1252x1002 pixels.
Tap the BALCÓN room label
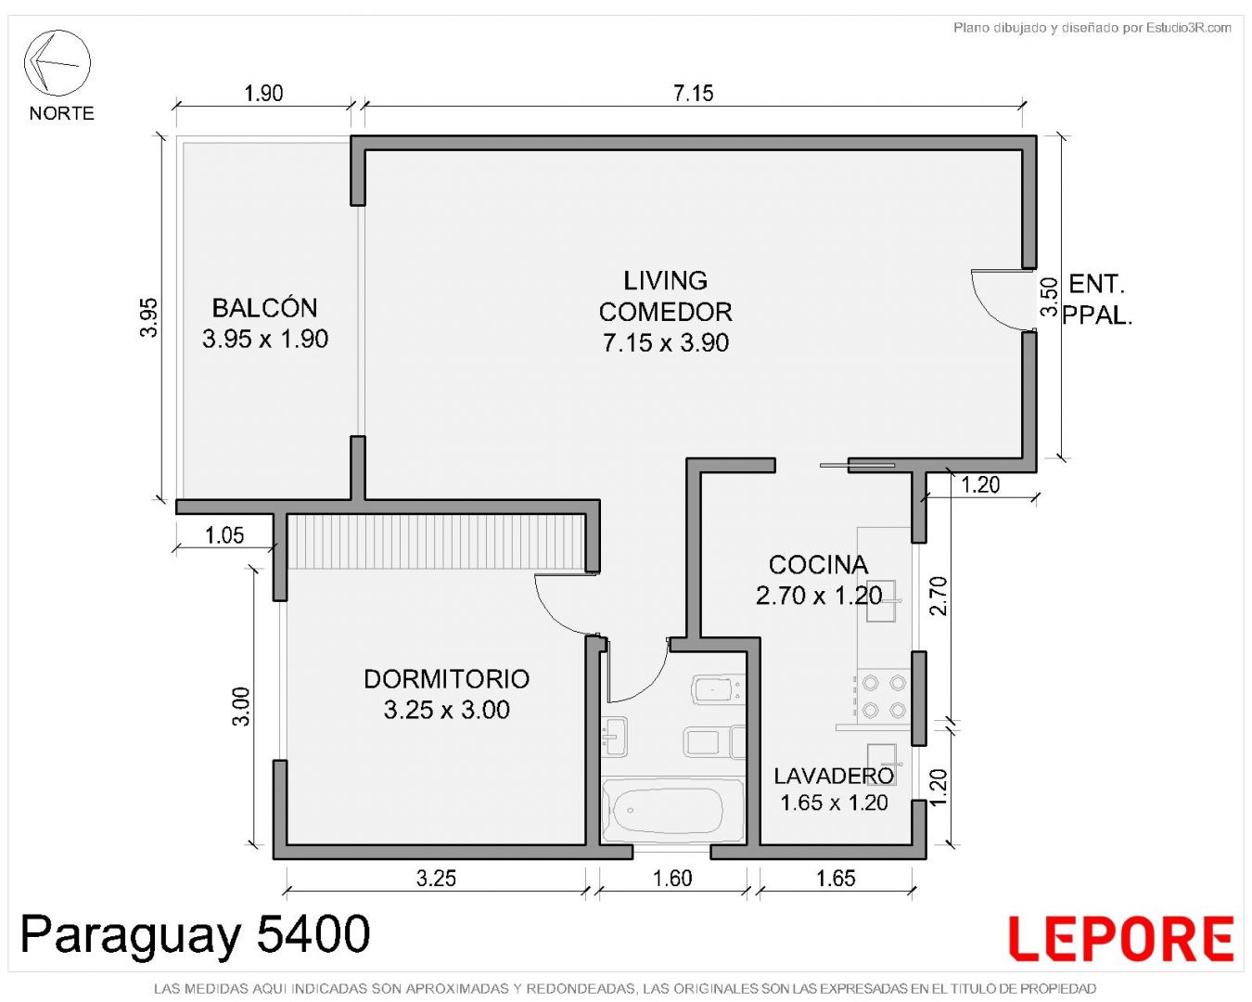pyautogui.click(x=264, y=308)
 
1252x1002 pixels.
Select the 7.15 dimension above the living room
pyautogui.click(x=694, y=93)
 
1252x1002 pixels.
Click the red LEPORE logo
pyautogui.click(x=1120, y=937)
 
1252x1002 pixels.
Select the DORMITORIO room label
pyautogui.click(x=446, y=679)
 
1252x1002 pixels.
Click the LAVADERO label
pyautogui.click(x=833, y=776)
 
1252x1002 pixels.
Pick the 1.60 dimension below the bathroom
pyautogui.click(x=672, y=878)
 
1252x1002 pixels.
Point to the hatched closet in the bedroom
pyautogui.click(x=436, y=541)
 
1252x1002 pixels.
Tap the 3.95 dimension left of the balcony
pyautogui.click(x=149, y=318)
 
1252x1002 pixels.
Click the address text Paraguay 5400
pyautogui.click(x=195, y=934)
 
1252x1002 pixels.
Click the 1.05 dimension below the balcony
pyautogui.click(x=224, y=535)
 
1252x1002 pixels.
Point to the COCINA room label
pyautogui.click(x=818, y=565)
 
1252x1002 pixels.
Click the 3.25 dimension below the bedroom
pyautogui.click(x=436, y=878)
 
